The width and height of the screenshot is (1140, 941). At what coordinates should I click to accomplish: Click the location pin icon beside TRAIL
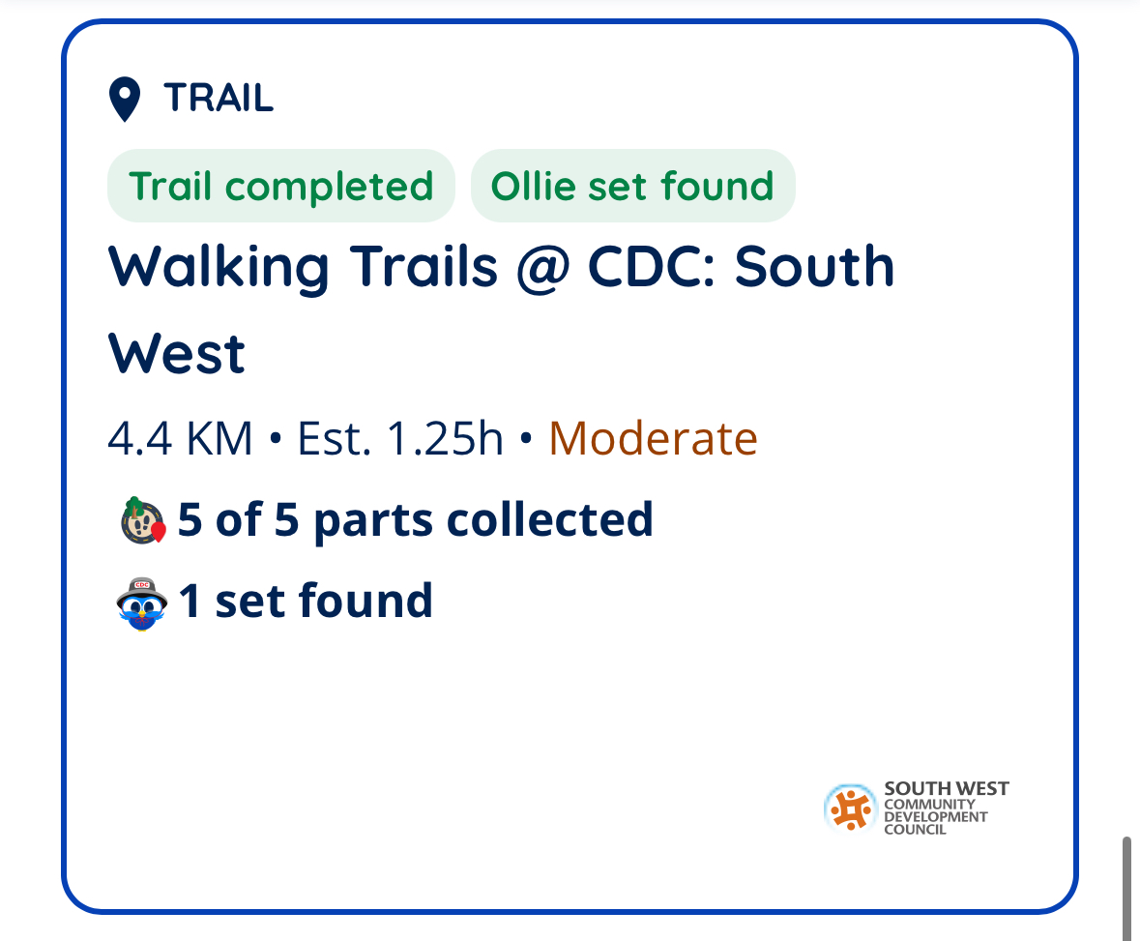[x=125, y=99]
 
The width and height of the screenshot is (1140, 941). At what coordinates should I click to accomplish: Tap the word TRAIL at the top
[x=219, y=98]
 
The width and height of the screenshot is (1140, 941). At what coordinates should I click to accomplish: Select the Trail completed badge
[x=281, y=186]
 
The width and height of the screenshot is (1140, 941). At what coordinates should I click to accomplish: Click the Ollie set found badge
[x=632, y=186]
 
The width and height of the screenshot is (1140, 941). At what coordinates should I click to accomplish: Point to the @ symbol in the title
[x=542, y=268]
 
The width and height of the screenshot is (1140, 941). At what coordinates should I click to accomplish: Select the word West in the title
[x=177, y=355]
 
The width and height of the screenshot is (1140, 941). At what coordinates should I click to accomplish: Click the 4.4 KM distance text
[x=180, y=438]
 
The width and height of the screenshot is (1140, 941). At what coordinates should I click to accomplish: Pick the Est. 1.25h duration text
[x=400, y=438]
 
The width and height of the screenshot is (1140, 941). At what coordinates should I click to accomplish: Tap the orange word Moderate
[x=653, y=438]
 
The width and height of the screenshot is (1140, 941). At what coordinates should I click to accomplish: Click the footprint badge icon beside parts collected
[x=143, y=520]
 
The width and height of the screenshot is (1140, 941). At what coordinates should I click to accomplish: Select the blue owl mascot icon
[x=142, y=604]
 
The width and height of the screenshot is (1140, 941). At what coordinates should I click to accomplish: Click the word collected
[x=549, y=519]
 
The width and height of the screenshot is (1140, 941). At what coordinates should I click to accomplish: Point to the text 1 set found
[x=306, y=602]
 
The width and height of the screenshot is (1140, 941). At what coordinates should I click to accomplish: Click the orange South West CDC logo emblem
[x=850, y=808]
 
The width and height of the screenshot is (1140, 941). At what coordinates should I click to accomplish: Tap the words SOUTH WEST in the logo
[x=946, y=788]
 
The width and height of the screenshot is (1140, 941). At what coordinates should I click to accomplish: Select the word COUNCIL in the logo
[x=915, y=830]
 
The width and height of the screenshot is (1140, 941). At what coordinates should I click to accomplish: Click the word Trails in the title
[x=424, y=267]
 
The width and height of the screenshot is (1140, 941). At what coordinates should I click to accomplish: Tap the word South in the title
[x=814, y=267]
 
